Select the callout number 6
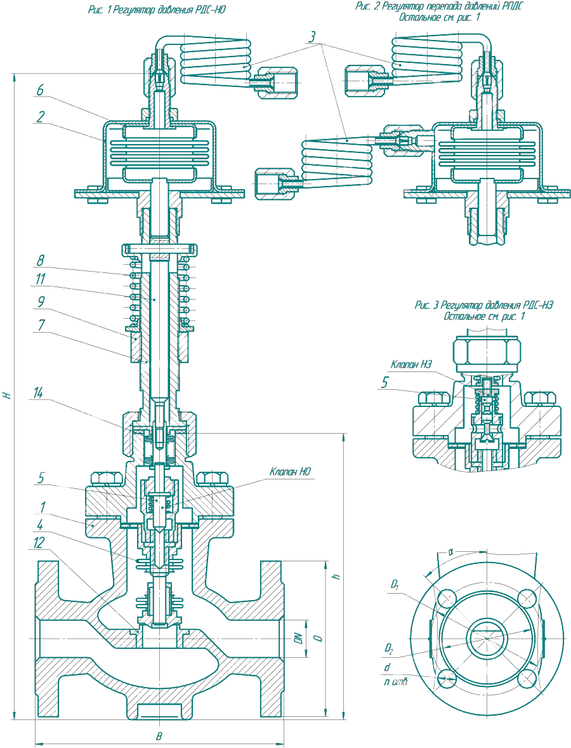(x=39, y=91)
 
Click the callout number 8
(x=40, y=260)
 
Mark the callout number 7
(x=40, y=324)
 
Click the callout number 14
(x=41, y=394)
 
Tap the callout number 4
(x=39, y=524)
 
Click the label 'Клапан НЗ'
(x=412, y=364)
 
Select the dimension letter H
(x=8, y=394)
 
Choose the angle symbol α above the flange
(x=450, y=552)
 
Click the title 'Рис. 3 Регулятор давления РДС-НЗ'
(x=484, y=305)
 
